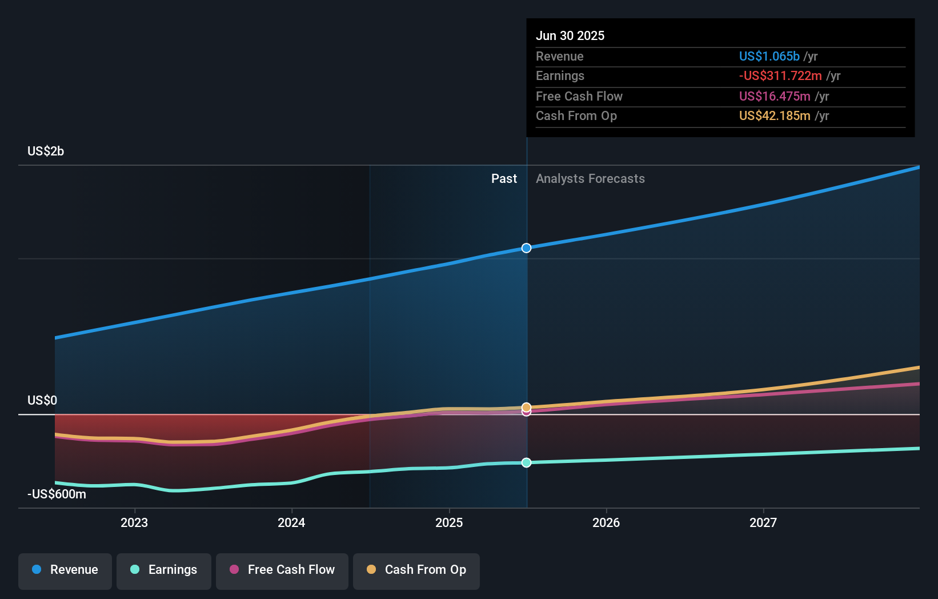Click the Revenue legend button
click(65, 570)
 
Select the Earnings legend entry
click(164, 570)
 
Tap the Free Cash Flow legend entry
click(282, 570)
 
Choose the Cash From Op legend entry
click(416, 570)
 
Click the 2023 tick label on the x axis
click(134, 522)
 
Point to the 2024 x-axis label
click(291, 522)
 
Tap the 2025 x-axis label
click(449, 522)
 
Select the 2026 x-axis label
click(606, 522)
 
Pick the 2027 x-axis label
click(763, 522)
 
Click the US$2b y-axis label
click(46, 151)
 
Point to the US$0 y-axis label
click(42, 400)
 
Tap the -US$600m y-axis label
click(57, 494)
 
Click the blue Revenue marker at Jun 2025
click(527, 248)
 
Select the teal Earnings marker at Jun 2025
click(527, 462)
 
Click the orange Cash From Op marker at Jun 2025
click(526, 407)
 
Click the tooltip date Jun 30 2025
click(570, 35)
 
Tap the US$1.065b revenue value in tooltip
click(769, 56)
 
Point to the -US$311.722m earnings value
click(780, 75)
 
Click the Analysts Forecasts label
click(590, 178)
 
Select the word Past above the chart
click(504, 178)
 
